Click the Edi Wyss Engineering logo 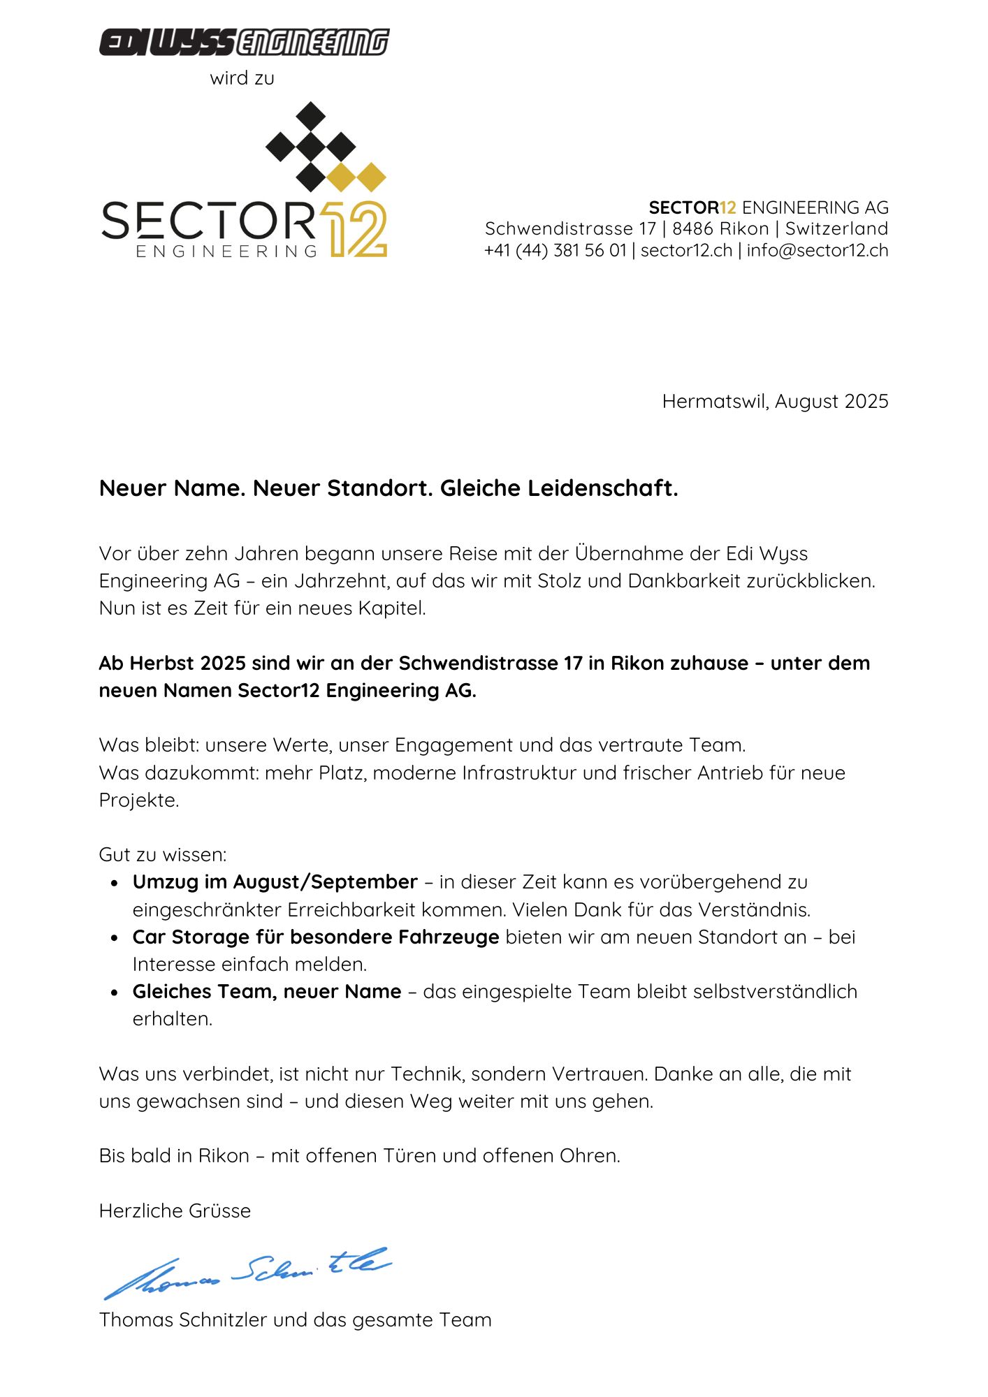pyautogui.click(x=244, y=42)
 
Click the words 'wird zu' pyautogui.click(x=242, y=78)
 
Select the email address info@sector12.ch pyautogui.click(x=818, y=250)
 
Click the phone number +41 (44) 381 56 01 pyautogui.click(x=555, y=250)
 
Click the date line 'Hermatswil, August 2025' pyautogui.click(x=775, y=402)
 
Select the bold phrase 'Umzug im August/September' pyautogui.click(x=275, y=882)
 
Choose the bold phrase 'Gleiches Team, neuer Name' pyautogui.click(x=267, y=992)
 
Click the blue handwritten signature pyautogui.click(x=248, y=1273)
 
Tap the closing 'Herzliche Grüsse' pyautogui.click(x=175, y=1211)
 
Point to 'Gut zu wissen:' pyautogui.click(x=163, y=855)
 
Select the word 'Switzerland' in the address pyautogui.click(x=836, y=228)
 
